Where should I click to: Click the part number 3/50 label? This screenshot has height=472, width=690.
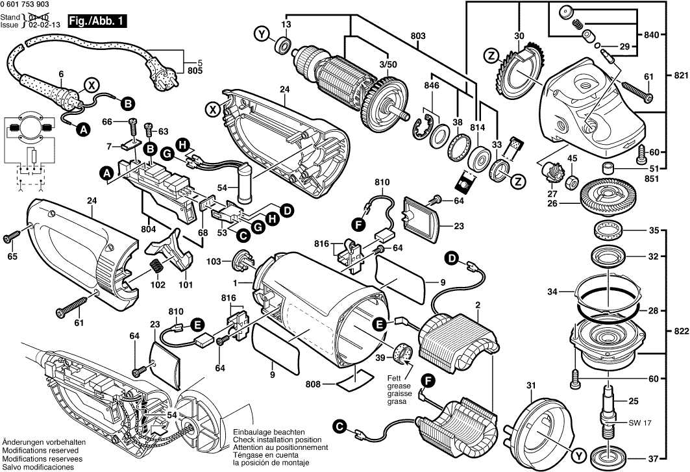click(388, 66)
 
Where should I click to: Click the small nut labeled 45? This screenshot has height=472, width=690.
click(574, 179)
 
